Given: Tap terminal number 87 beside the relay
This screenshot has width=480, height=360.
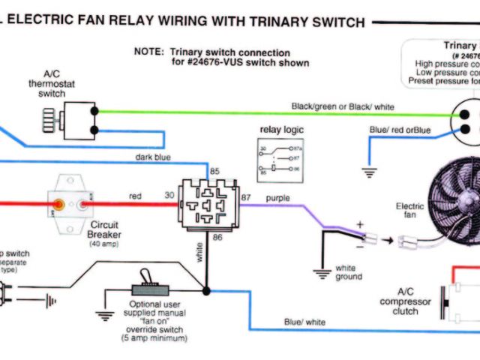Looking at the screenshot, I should tap(246, 196).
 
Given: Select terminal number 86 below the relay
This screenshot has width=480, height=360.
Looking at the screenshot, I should tap(217, 237).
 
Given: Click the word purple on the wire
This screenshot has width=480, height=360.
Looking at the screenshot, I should tap(277, 198).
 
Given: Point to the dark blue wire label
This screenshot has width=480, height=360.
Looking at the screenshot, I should tap(154, 157).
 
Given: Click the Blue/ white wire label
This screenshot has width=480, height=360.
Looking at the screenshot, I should tap(304, 322).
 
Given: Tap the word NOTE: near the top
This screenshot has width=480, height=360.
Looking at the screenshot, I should tap(148, 52).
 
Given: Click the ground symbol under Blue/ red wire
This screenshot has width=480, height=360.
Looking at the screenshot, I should tap(368, 170).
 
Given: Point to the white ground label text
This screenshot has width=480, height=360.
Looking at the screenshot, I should tap(349, 272).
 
